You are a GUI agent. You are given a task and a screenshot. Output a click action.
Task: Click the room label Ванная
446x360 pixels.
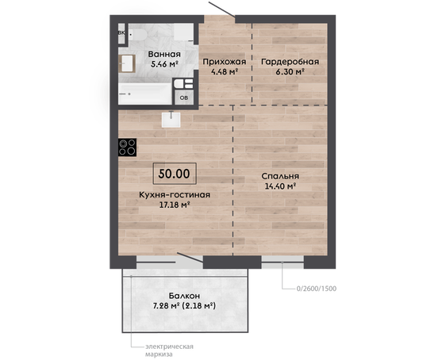coord(164,54)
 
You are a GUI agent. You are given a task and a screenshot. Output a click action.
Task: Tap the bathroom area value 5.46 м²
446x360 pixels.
coord(164,64)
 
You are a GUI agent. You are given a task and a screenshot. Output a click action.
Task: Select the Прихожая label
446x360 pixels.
coord(225,62)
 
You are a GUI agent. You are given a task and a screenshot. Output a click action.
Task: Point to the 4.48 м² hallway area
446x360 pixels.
coord(225,71)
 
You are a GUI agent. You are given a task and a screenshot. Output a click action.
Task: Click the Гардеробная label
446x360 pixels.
coord(290,62)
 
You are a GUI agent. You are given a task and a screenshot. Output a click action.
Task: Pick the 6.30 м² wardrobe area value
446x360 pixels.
coord(290,71)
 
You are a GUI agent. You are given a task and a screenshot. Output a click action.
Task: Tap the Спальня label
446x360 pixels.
coord(280,176)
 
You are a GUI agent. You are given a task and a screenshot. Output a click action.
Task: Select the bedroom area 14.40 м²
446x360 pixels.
coord(280,186)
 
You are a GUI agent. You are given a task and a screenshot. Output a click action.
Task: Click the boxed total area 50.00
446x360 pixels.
coord(175,174)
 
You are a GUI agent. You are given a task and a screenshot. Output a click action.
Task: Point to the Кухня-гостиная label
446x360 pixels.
coord(175,195)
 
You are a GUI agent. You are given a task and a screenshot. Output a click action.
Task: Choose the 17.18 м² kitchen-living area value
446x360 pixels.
coord(175,205)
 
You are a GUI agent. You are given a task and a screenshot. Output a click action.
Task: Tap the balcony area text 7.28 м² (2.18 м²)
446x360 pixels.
coord(184,306)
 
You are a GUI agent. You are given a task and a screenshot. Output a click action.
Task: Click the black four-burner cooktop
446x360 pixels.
coord(128,147)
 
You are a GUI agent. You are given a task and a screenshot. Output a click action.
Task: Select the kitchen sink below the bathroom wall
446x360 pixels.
coord(171,120)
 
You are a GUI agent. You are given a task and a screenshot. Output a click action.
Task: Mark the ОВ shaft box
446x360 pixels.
coord(184,98)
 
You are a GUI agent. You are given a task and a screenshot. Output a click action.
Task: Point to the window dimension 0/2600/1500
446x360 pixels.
coord(317,289)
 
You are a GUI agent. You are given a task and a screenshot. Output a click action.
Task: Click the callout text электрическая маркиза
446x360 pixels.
coord(169,350)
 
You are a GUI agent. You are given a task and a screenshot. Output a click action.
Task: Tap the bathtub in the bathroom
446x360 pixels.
coord(145,94)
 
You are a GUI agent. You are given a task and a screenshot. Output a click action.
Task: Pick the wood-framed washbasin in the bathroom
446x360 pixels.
coord(127,63)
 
